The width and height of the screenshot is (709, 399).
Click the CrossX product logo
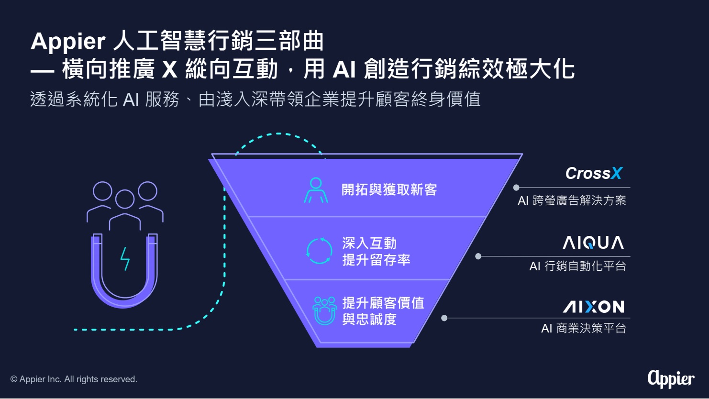[594, 173]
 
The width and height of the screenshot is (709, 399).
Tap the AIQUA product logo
[593, 243]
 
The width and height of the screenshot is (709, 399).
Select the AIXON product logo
[593, 306]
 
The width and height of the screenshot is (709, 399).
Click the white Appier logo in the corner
[671, 378]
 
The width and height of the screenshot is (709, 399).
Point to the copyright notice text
[74, 379]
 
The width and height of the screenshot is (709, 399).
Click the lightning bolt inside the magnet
[125, 259]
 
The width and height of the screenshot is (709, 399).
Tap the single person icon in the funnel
[316, 190]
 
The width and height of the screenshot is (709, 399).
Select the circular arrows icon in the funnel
[319, 251]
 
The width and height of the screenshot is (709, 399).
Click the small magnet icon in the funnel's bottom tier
[325, 311]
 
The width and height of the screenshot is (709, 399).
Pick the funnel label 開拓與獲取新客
[389, 190]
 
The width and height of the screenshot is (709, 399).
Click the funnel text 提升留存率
[376, 260]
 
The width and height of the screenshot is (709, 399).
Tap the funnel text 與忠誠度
[369, 319]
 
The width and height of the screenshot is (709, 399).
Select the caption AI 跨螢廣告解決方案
[572, 200]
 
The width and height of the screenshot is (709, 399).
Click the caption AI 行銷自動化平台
[577, 266]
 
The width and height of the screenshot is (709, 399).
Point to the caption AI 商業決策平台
[583, 328]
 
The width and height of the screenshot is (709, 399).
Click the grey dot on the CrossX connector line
[516, 188]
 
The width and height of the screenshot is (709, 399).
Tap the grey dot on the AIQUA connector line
[478, 256]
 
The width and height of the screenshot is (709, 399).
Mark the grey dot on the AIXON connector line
[444, 318]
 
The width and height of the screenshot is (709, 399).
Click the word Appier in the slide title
[68, 42]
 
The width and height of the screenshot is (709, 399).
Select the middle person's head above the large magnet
[125, 199]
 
